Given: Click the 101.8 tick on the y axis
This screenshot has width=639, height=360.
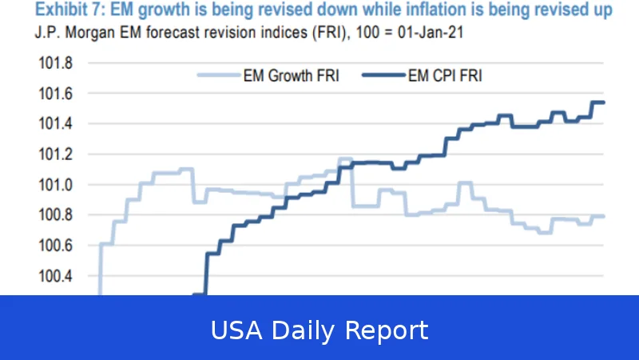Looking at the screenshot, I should click(x=55, y=64).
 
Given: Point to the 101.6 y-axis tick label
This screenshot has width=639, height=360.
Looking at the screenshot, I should click(x=55, y=94).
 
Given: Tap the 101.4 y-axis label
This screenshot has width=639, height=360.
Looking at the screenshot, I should click(x=55, y=125).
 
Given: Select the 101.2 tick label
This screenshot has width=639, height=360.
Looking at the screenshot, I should click(x=55, y=154).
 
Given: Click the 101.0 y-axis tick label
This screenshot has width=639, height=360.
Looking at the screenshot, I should click(x=55, y=185).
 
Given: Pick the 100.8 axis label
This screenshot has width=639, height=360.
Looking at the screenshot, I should click(x=55, y=215).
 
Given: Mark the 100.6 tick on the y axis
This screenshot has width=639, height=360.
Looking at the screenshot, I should click(x=55, y=246).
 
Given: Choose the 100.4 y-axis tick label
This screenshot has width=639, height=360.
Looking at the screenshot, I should click(x=55, y=276).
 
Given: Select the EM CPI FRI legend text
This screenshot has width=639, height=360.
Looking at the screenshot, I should click(x=446, y=76).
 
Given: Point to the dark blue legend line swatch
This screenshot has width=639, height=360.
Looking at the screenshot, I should click(x=384, y=76).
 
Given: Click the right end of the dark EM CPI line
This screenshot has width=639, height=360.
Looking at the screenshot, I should click(x=603, y=102).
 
